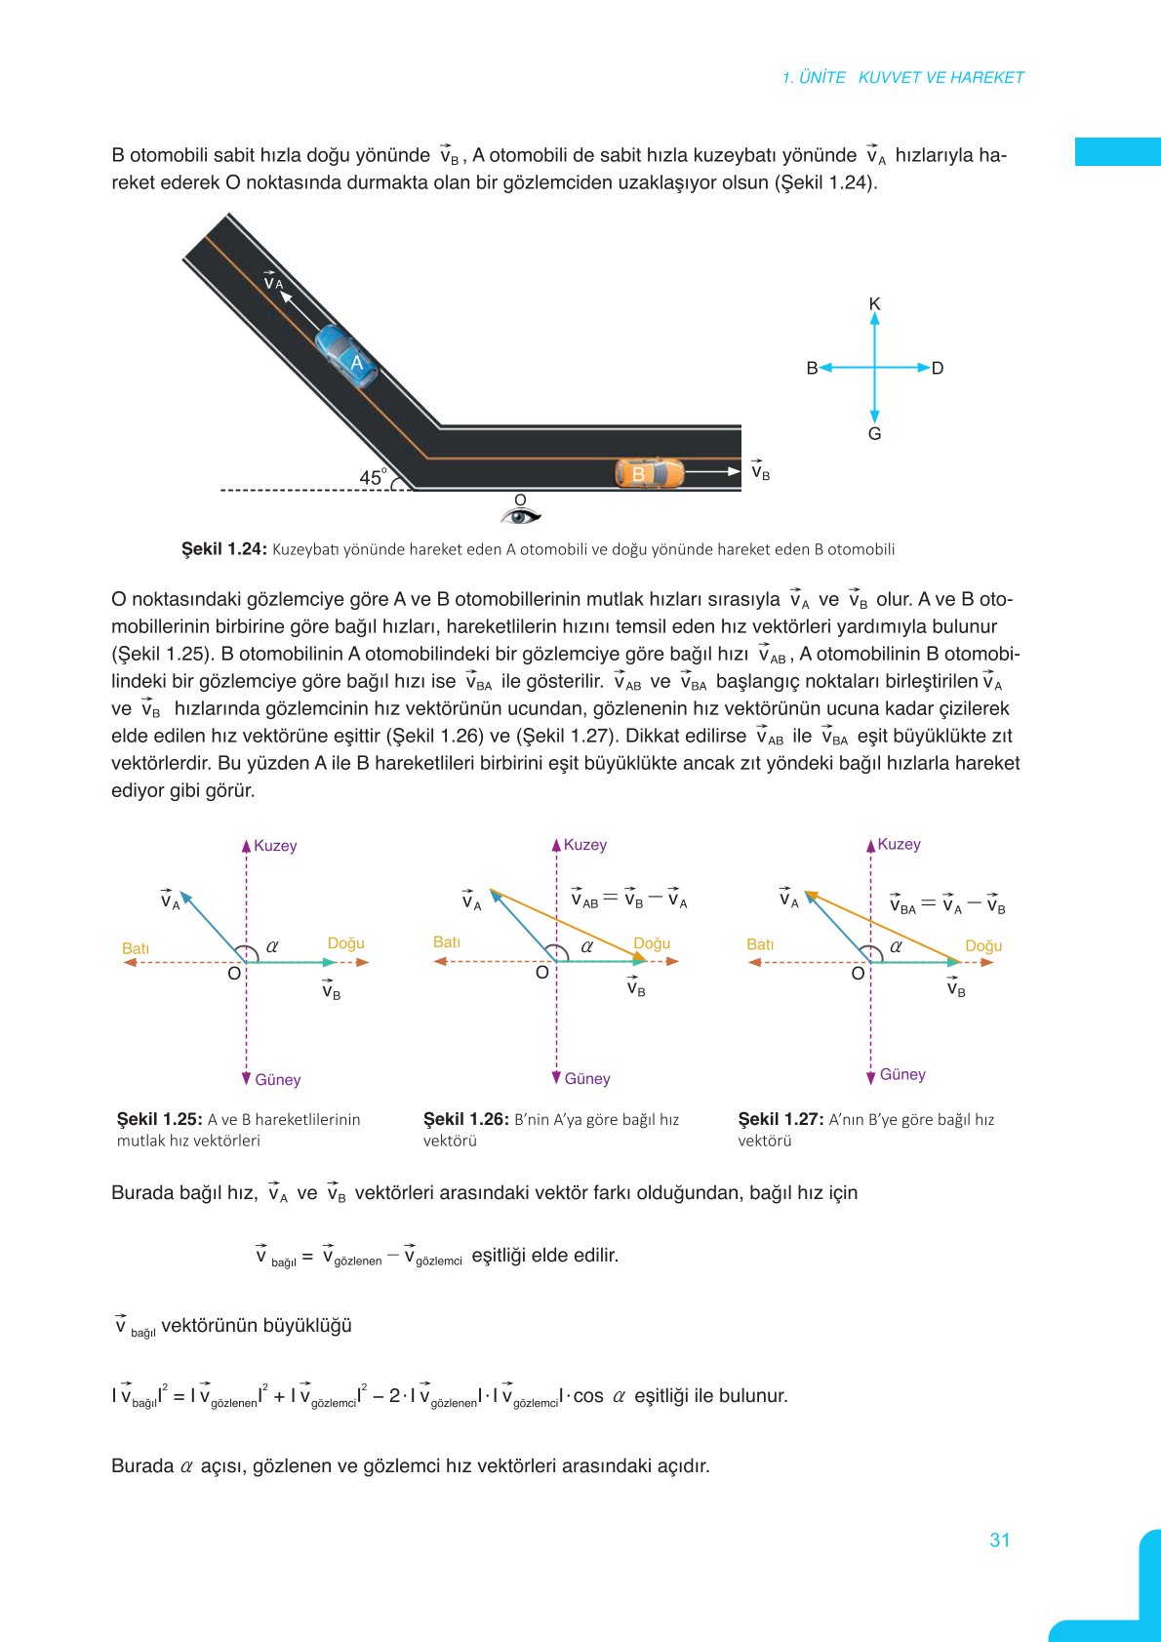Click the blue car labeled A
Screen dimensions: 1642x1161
pyautogui.click(x=346, y=357)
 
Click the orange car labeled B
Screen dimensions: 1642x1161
pyautogui.click(x=649, y=473)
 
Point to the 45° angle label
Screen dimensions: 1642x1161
pyautogui.click(x=373, y=477)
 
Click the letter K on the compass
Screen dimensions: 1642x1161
pyautogui.click(x=874, y=304)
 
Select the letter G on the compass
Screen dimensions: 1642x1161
pyautogui.click(x=874, y=434)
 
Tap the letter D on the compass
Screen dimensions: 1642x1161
pyautogui.click(x=938, y=368)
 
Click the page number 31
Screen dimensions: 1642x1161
pyautogui.click(x=999, y=1540)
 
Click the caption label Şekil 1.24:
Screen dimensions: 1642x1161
pyautogui.click(x=223, y=549)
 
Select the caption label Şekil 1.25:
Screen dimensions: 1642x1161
pyautogui.click(x=159, y=1119)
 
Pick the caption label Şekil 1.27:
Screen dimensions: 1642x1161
pyautogui.click(x=781, y=1119)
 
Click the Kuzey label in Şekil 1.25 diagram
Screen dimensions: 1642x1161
pyautogui.click(x=275, y=846)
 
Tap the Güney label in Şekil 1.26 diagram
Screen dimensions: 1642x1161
pyautogui.click(x=587, y=1078)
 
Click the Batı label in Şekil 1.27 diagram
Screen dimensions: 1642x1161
pyautogui.click(x=760, y=944)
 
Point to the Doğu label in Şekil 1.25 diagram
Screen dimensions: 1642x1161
pyautogui.click(x=345, y=943)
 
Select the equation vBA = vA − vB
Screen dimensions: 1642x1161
pyautogui.click(x=946, y=905)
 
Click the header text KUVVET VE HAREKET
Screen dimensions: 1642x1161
pyautogui.click(x=941, y=77)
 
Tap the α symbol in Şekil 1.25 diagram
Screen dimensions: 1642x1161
pyautogui.click(x=272, y=945)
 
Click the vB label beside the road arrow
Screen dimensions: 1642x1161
pyautogui.click(x=760, y=472)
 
